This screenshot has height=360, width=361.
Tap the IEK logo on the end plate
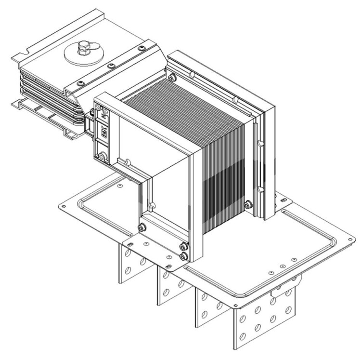103,131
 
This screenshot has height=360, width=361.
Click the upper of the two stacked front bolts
183,247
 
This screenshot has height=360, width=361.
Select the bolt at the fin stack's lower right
247,205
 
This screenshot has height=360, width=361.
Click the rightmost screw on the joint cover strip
141,49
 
